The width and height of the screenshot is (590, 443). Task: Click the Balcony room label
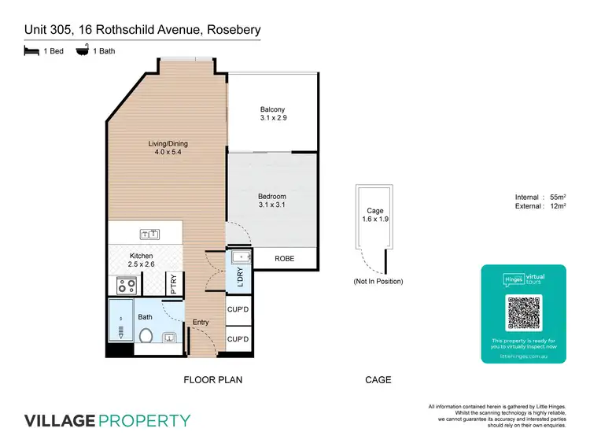(272, 109)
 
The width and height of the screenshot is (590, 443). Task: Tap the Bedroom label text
(272, 196)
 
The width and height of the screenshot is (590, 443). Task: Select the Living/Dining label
(169, 144)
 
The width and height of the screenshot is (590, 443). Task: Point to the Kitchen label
(141, 257)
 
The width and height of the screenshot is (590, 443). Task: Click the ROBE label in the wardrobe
(284, 259)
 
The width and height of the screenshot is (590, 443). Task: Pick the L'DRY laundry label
(239, 277)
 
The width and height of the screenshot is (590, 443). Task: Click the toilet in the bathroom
(145, 337)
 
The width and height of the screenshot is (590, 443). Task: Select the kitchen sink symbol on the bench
(149, 234)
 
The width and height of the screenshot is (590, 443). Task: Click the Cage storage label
(374, 211)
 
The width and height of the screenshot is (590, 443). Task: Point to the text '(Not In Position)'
(378, 281)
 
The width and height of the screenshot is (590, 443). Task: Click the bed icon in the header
(31, 51)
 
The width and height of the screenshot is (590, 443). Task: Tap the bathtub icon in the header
(81, 51)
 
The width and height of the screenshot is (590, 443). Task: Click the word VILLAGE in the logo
(58, 420)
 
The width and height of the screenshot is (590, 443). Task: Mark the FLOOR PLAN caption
(212, 380)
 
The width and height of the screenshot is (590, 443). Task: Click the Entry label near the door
(201, 323)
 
